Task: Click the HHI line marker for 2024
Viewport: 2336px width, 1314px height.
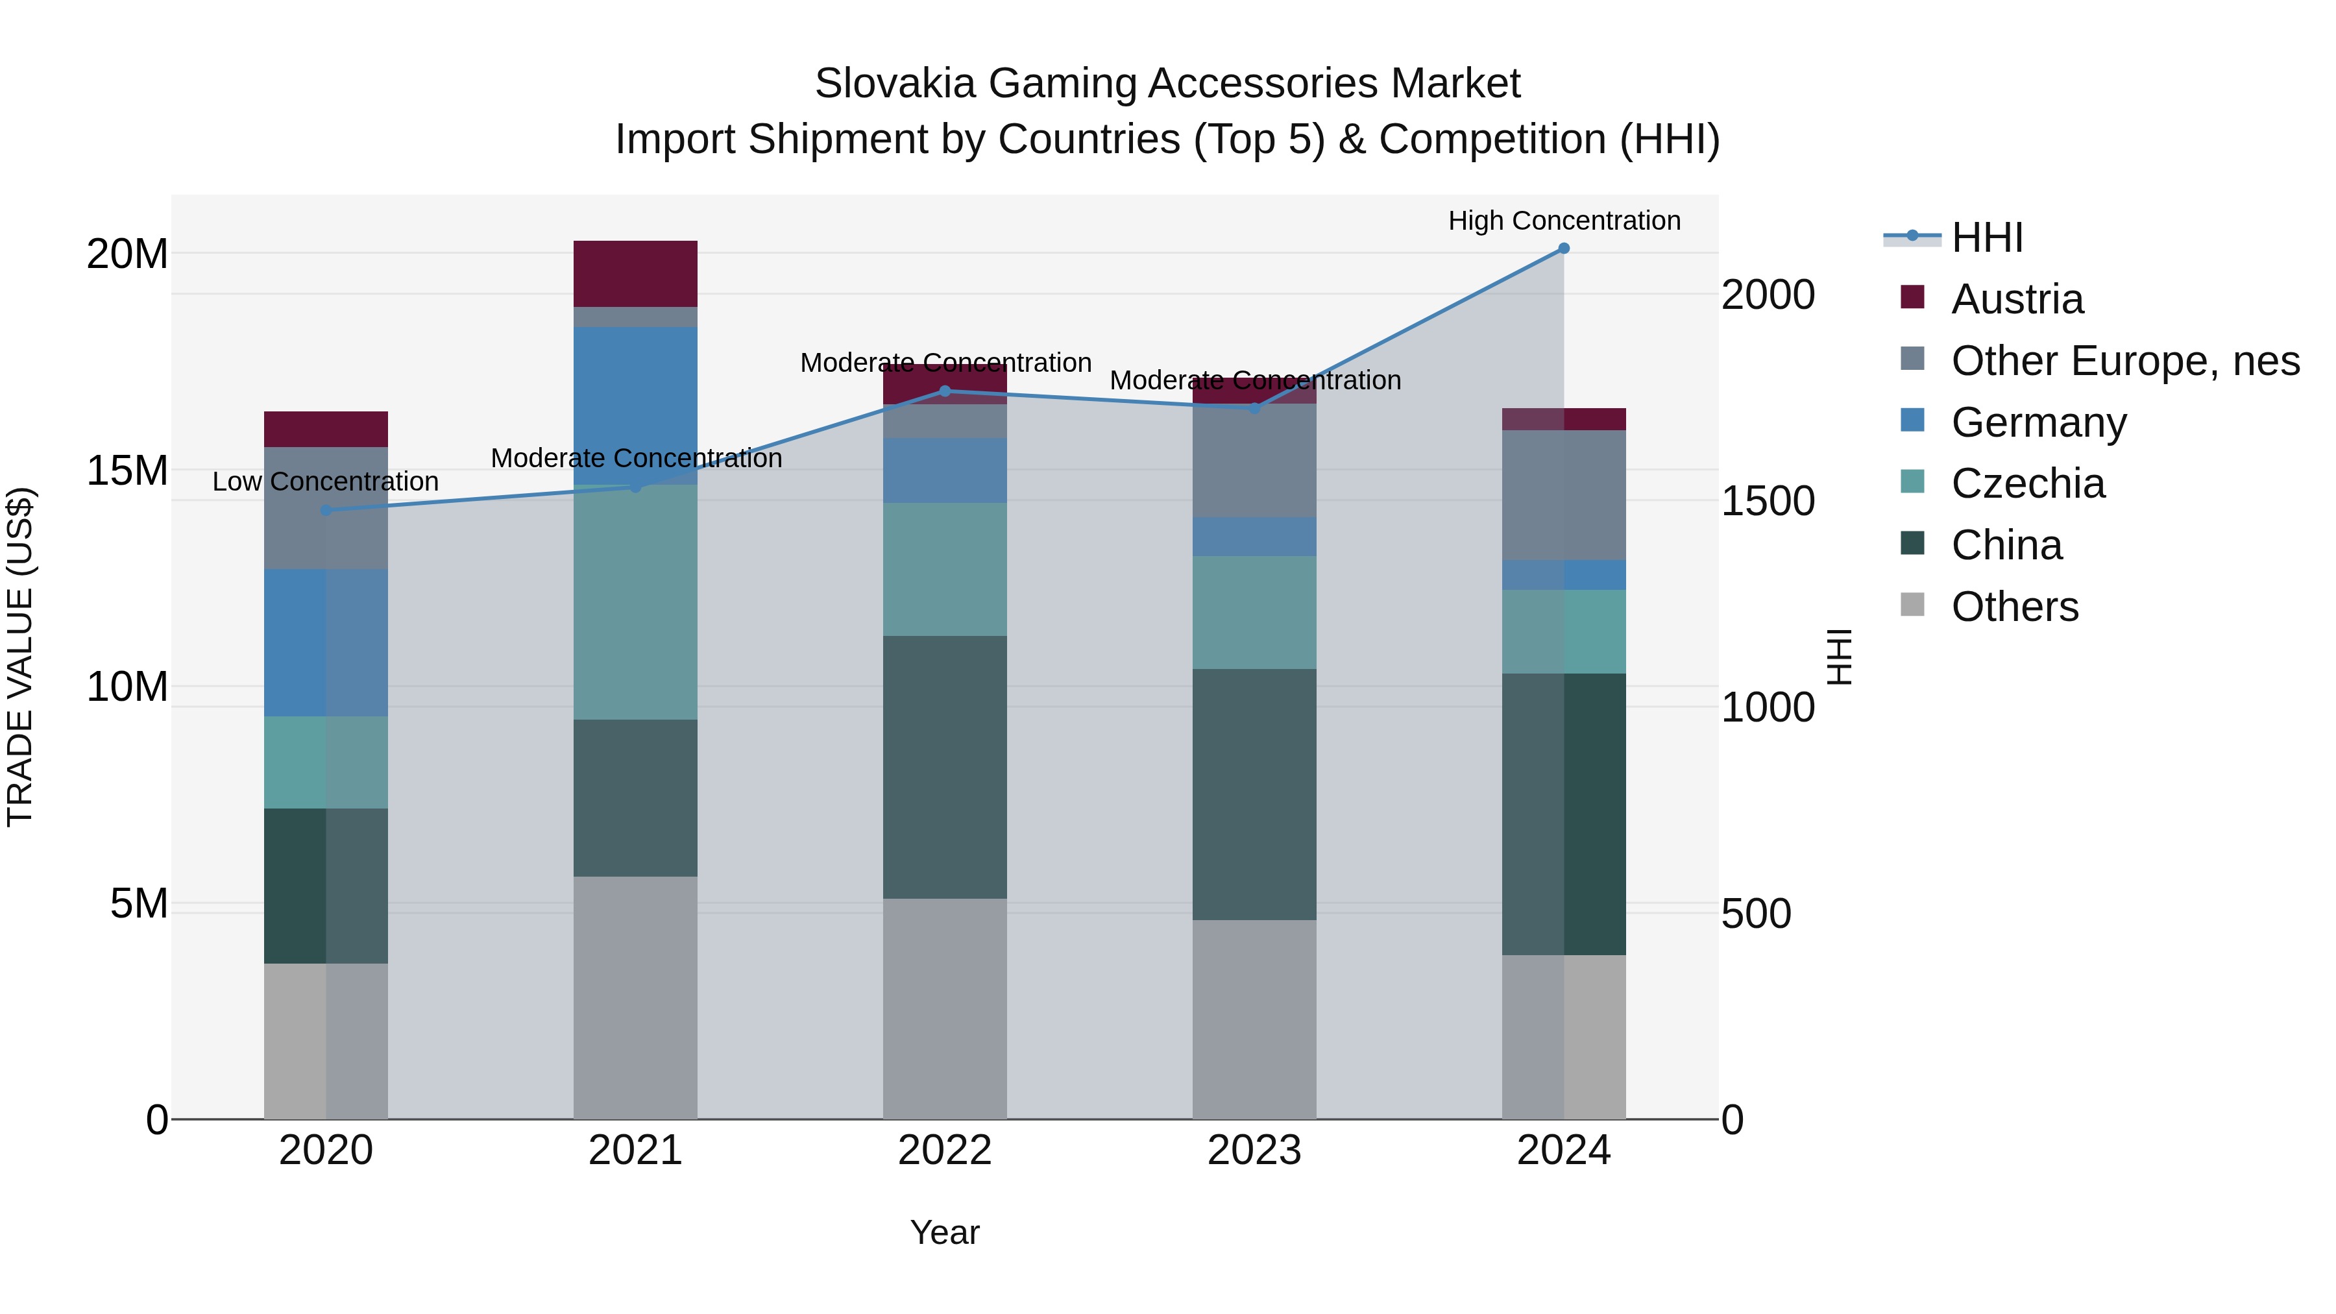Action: (x=1563, y=249)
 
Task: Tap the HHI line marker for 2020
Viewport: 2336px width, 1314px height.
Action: (x=326, y=511)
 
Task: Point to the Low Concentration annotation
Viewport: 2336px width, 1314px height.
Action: (x=326, y=481)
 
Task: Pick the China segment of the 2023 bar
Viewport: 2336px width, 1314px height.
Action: (x=1254, y=794)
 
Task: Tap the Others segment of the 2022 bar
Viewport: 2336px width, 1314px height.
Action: (x=945, y=1008)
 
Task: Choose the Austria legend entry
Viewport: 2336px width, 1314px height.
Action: (x=2017, y=299)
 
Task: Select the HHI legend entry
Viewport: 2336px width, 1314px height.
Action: (x=1986, y=237)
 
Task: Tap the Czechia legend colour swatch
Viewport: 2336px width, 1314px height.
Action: (x=1912, y=481)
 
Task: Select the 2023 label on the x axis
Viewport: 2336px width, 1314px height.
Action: (x=1254, y=1150)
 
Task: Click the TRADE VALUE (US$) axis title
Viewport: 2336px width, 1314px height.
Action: (x=20, y=657)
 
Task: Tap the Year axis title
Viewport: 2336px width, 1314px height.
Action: (x=945, y=1232)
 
